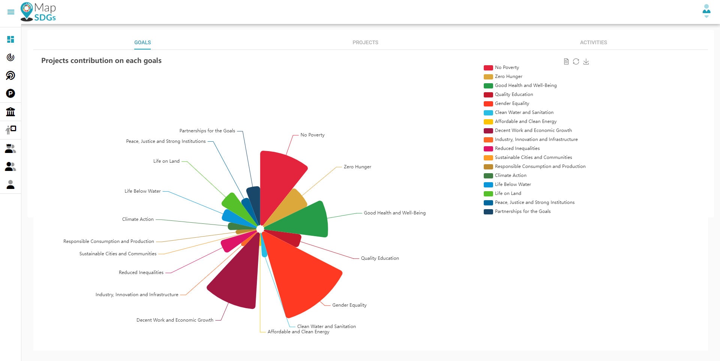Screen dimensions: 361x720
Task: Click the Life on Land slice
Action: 236,206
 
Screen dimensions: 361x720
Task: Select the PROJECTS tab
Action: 365,42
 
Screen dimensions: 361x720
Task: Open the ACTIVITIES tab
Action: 593,42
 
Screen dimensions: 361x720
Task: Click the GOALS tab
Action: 142,42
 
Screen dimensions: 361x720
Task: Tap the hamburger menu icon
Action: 11,12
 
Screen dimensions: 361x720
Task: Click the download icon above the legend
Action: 586,61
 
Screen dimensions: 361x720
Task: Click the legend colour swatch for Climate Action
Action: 488,175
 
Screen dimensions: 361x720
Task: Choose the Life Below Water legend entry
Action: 513,184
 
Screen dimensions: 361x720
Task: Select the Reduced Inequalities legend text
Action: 517,148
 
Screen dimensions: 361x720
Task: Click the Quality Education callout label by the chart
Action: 380,258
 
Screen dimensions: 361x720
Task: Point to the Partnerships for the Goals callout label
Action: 207,131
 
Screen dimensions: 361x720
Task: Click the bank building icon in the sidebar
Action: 10,112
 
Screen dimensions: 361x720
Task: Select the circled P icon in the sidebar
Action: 10,93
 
